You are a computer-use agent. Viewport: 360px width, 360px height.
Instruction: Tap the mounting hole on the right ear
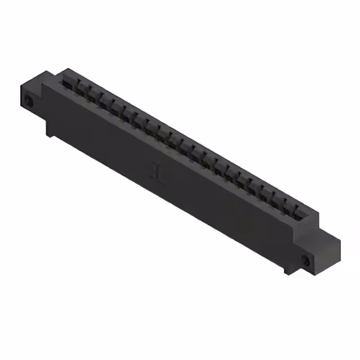point(306,260)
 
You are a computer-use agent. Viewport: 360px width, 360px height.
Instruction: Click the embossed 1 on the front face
point(157,171)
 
